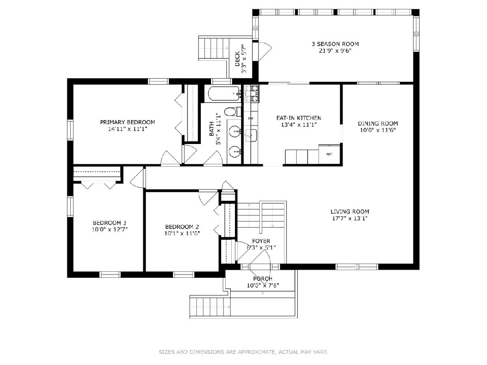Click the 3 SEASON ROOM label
[x=335, y=44]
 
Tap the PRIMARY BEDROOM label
[x=127, y=122]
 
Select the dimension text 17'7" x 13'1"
[x=350, y=218]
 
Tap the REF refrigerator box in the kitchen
[x=329, y=154]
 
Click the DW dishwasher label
[x=251, y=118]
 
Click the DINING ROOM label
[x=377, y=123]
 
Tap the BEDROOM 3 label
[x=110, y=223]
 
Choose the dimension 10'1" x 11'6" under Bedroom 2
[x=182, y=233]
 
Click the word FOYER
[x=261, y=241]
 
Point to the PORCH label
[x=263, y=279]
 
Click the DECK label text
[x=237, y=59]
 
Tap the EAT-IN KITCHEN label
[x=299, y=118]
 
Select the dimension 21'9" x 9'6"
[x=335, y=51]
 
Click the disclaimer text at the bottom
[x=243, y=352]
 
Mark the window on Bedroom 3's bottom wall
[x=110, y=275]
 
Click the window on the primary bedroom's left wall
[x=70, y=130]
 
